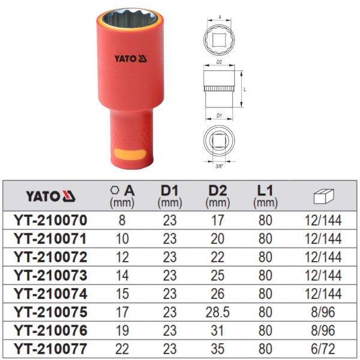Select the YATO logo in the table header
50,196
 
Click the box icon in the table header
324,196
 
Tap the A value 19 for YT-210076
122,331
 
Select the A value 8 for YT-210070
122,220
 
